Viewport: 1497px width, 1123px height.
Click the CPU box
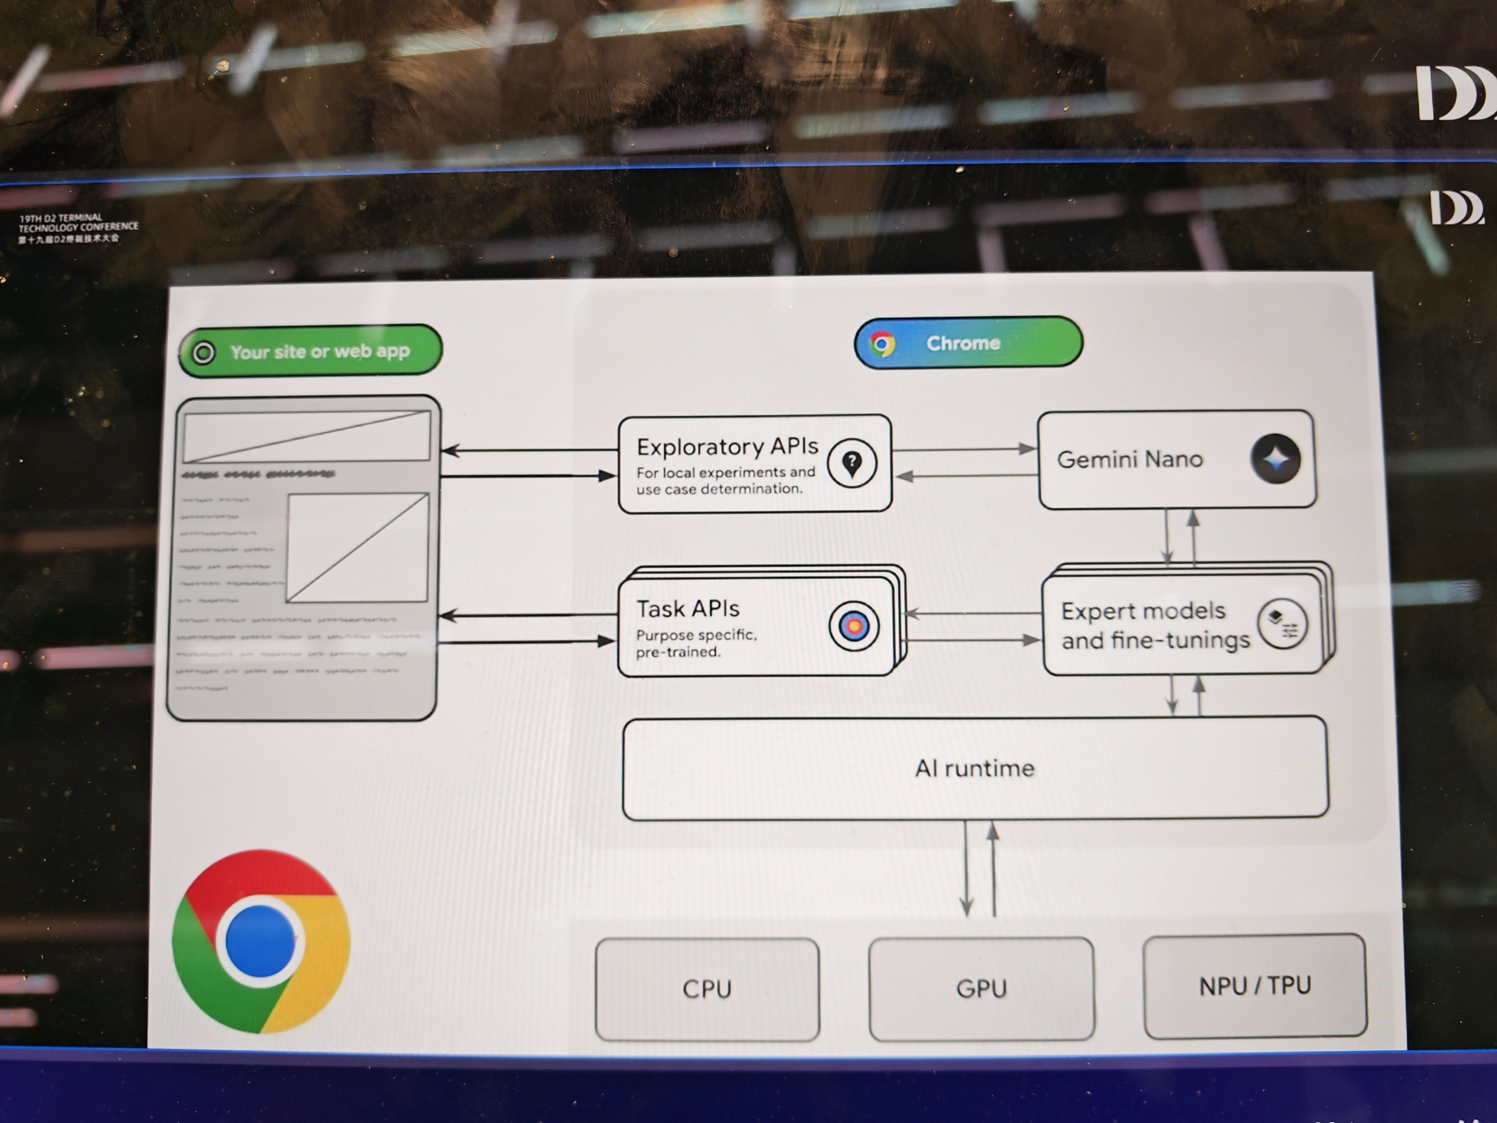click(707, 989)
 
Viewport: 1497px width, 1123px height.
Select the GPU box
click(981, 988)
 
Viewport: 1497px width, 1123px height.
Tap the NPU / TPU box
click(1255, 986)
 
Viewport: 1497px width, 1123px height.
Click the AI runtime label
click(974, 768)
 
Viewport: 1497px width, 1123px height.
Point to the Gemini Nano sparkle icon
click(1276, 459)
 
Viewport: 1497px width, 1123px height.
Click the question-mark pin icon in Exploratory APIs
click(852, 464)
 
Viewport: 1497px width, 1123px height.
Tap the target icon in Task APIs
click(853, 626)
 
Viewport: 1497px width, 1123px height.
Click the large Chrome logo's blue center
click(260, 941)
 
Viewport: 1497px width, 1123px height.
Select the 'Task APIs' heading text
click(687, 609)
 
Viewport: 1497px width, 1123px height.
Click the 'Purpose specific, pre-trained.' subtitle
click(696, 643)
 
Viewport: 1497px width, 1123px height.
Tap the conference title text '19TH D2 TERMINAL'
click(61, 218)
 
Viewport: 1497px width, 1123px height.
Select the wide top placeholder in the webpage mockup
click(307, 436)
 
